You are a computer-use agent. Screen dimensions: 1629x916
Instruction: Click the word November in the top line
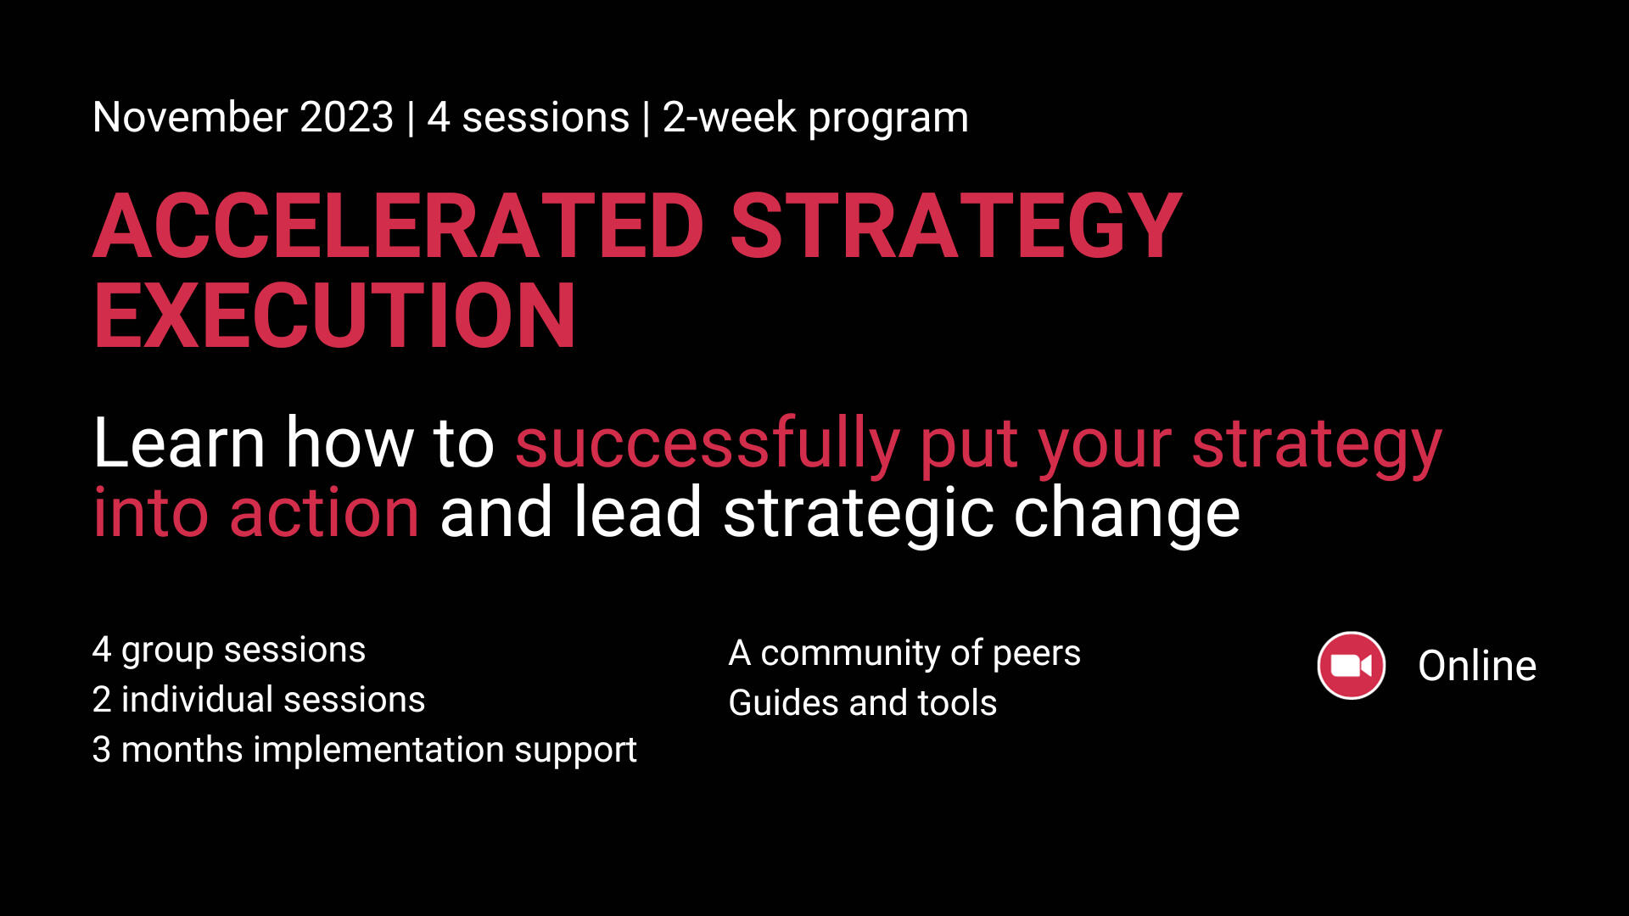pyautogui.click(x=191, y=117)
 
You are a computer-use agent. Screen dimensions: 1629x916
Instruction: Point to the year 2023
pyautogui.click(x=347, y=117)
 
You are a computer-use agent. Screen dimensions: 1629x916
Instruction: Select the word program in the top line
pyautogui.click(x=888, y=120)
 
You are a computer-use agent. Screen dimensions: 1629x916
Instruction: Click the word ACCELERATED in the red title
pyautogui.click(x=399, y=226)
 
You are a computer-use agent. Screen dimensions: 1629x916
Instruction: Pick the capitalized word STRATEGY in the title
pyautogui.click(x=956, y=226)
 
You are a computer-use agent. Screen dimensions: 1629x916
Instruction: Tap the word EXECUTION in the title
pyautogui.click(x=335, y=316)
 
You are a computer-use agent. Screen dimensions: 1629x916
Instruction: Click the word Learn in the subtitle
pyautogui.click(x=179, y=443)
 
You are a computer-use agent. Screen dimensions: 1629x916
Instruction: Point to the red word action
pyautogui.click(x=324, y=513)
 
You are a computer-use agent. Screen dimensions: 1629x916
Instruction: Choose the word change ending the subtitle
pyautogui.click(x=1127, y=516)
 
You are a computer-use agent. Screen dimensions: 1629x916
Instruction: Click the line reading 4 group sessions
pyautogui.click(x=229, y=651)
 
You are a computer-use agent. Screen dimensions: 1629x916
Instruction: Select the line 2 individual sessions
pyautogui.click(x=259, y=700)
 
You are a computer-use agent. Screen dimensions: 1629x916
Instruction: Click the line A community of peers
pyautogui.click(x=904, y=654)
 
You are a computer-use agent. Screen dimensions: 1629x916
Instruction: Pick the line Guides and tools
pyautogui.click(x=863, y=703)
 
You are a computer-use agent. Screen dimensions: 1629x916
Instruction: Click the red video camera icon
pyautogui.click(x=1351, y=666)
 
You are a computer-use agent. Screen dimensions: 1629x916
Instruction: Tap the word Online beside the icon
pyautogui.click(x=1477, y=666)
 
